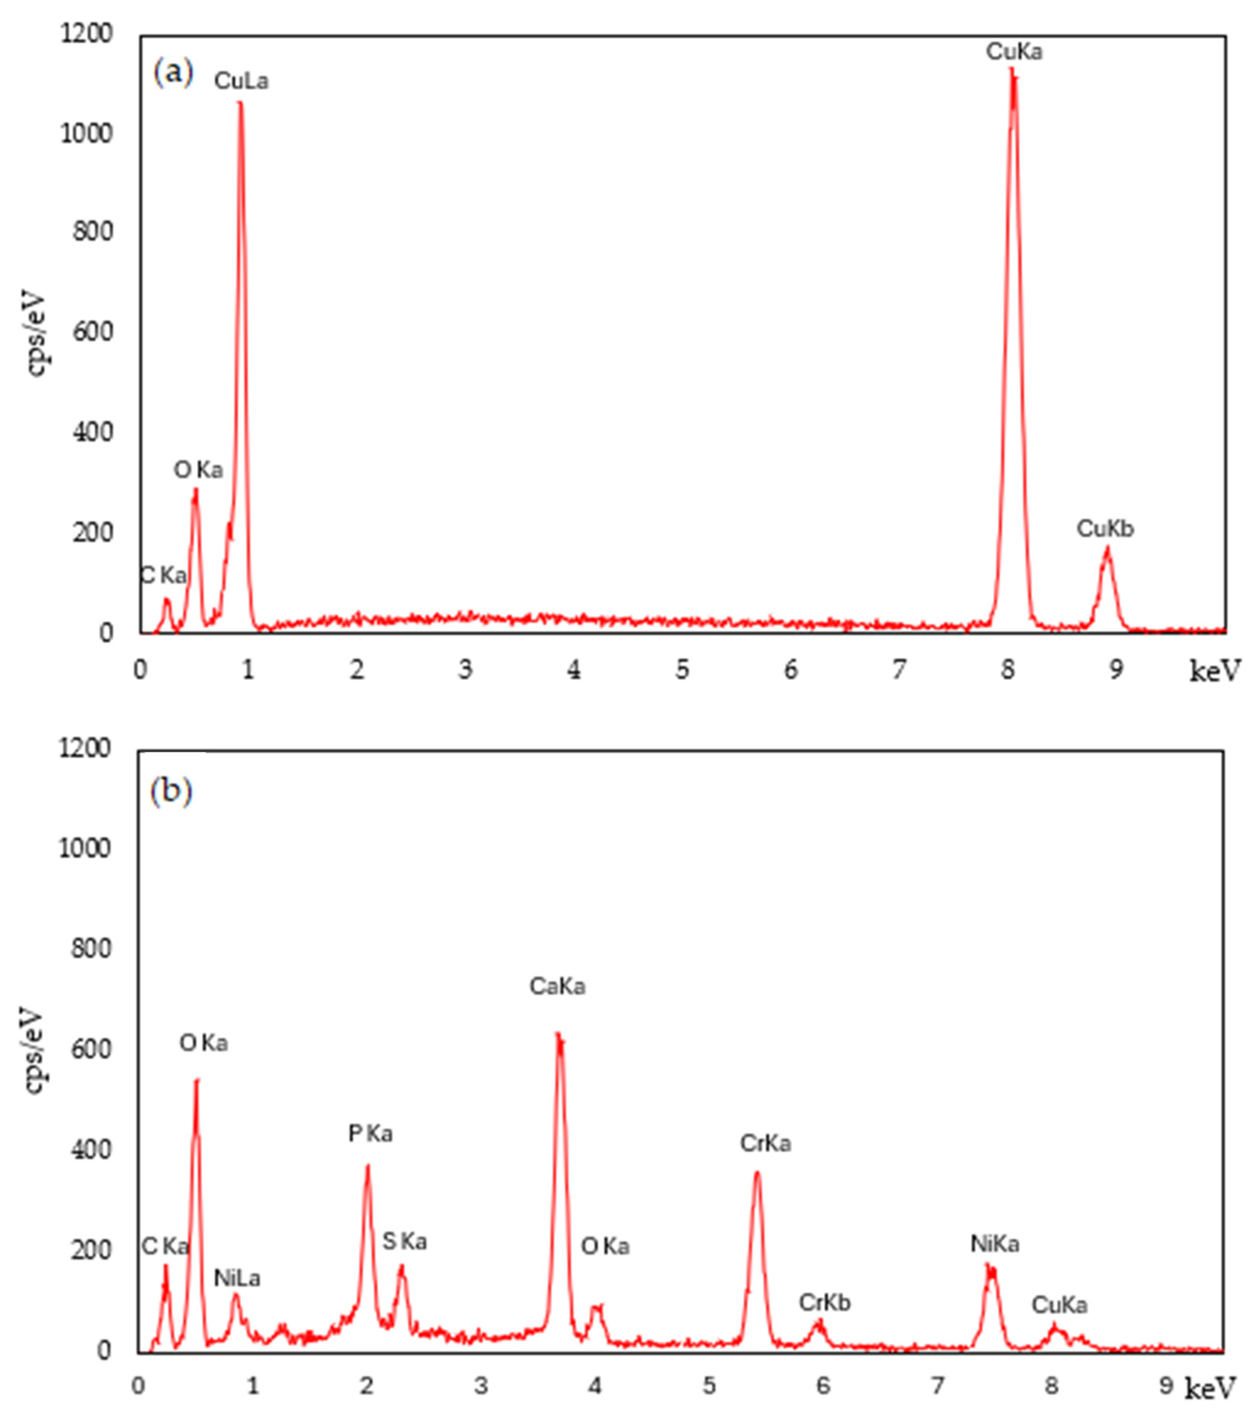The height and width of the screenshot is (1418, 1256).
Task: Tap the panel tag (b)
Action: coord(171,791)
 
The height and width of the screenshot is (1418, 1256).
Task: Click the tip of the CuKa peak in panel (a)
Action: coord(1012,69)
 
